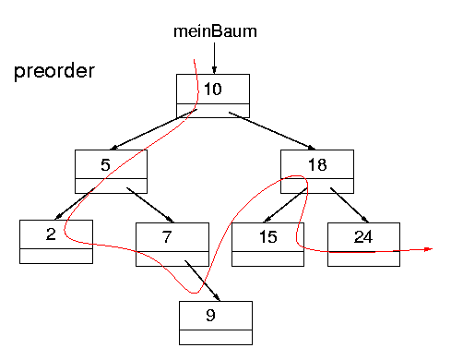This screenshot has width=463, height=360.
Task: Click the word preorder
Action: pyautogui.click(x=54, y=72)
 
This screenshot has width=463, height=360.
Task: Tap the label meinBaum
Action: pyautogui.click(x=215, y=31)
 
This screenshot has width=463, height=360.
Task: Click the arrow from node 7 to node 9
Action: pyautogui.click(x=203, y=281)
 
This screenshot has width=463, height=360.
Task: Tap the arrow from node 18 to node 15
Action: pyautogui.click(x=287, y=203)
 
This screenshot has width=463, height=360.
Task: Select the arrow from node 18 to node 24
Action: pyautogui.click(x=348, y=203)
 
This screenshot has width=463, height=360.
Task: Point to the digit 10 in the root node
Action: pyautogui.click(x=213, y=90)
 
